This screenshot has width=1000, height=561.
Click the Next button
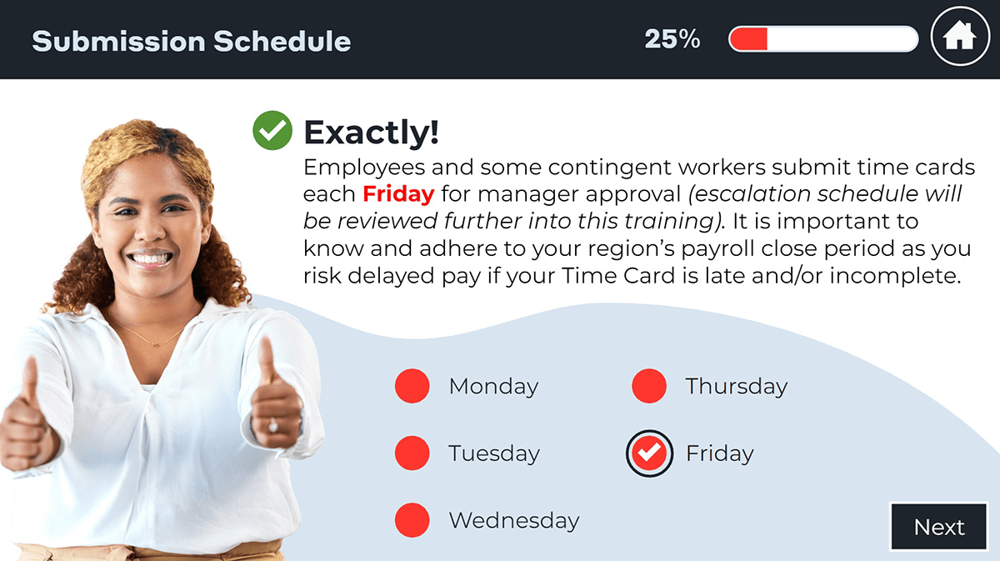click(939, 527)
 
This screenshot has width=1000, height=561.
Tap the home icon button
click(960, 36)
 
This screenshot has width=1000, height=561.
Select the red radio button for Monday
click(412, 386)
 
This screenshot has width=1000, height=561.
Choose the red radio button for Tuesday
click(412, 453)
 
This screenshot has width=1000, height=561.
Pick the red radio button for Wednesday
click(412, 520)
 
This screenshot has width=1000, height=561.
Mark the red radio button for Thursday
click(649, 386)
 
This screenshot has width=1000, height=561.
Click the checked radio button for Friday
click(649, 453)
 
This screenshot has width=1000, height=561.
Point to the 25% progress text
click(672, 39)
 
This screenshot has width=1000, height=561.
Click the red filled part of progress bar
click(748, 39)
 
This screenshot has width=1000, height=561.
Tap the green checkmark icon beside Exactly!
click(272, 130)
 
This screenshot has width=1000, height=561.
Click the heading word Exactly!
click(372, 133)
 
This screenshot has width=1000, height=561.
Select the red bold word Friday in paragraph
click(398, 194)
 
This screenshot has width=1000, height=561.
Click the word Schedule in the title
click(282, 41)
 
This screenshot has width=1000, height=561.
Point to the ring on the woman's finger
click(272, 426)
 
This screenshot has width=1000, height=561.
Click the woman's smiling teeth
click(151, 258)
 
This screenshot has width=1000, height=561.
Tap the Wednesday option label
click(514, 520)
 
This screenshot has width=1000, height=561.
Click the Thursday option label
click(737, 386)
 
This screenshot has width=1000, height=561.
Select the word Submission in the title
click(118, 41)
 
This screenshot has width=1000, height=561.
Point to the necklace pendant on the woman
click(156, 344)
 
